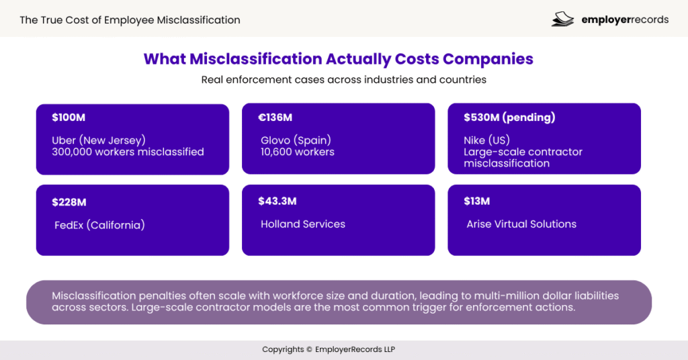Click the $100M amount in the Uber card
coord(69,118)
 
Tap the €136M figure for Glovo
coord(275,118)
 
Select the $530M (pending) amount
coord(509,118)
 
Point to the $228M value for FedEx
coord(69,202)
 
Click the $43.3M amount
coord(277,201)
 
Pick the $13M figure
coord(476,201)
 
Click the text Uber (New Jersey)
coord(99,140)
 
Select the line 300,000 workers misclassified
coord(128,152)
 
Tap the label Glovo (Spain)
coord(296,140)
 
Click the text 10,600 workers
coord(298,152)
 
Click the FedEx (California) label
coord(99,225)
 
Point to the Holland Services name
coord(303,224)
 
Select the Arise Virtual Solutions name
coord(521,224)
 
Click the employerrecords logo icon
coord(562,19)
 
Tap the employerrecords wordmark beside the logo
coord(625,19)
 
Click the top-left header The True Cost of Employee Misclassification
coord(130,19)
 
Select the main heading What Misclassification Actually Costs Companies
coord(339,59)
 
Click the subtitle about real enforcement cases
coord(344,79)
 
